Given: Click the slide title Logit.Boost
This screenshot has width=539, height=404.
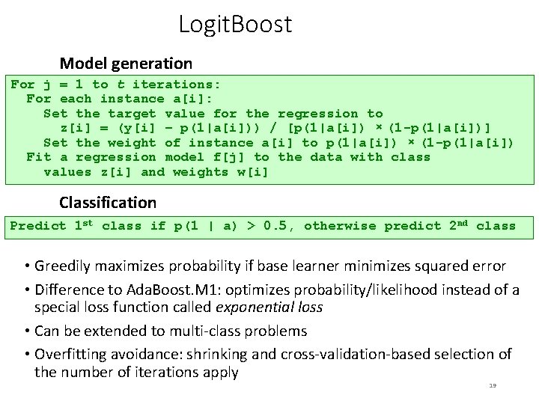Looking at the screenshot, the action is [235, 25].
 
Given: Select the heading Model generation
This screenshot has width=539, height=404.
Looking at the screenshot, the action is [126, 64].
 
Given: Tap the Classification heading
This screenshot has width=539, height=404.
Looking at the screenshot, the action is [108, 202].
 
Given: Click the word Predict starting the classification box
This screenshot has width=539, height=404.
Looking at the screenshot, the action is [38, 225].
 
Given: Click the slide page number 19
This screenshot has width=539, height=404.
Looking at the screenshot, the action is [492, 385].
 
